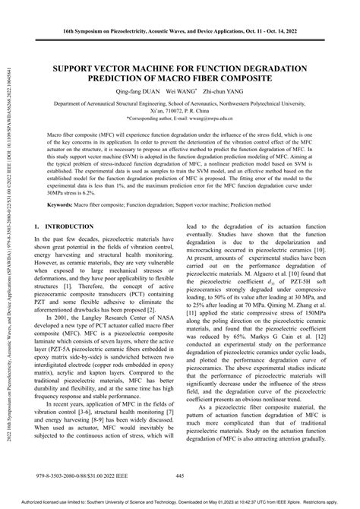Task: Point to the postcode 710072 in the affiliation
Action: [186, 111]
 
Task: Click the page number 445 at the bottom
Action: [180, 476]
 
